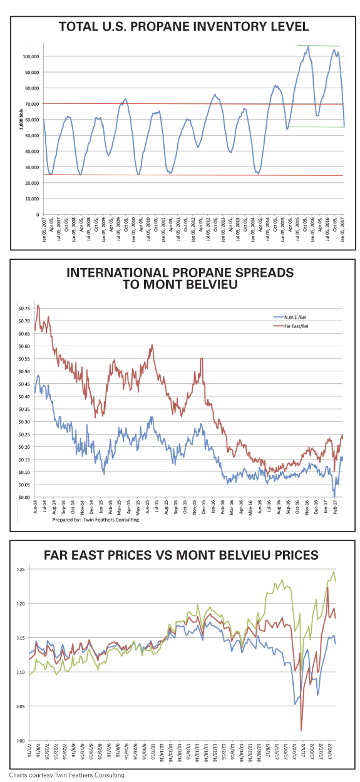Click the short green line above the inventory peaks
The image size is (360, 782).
point(318,46)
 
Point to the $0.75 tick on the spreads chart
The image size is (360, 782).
point(24,308)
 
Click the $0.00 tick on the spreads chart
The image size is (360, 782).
point(24,497)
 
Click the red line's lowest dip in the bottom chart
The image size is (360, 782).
point(302,730)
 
